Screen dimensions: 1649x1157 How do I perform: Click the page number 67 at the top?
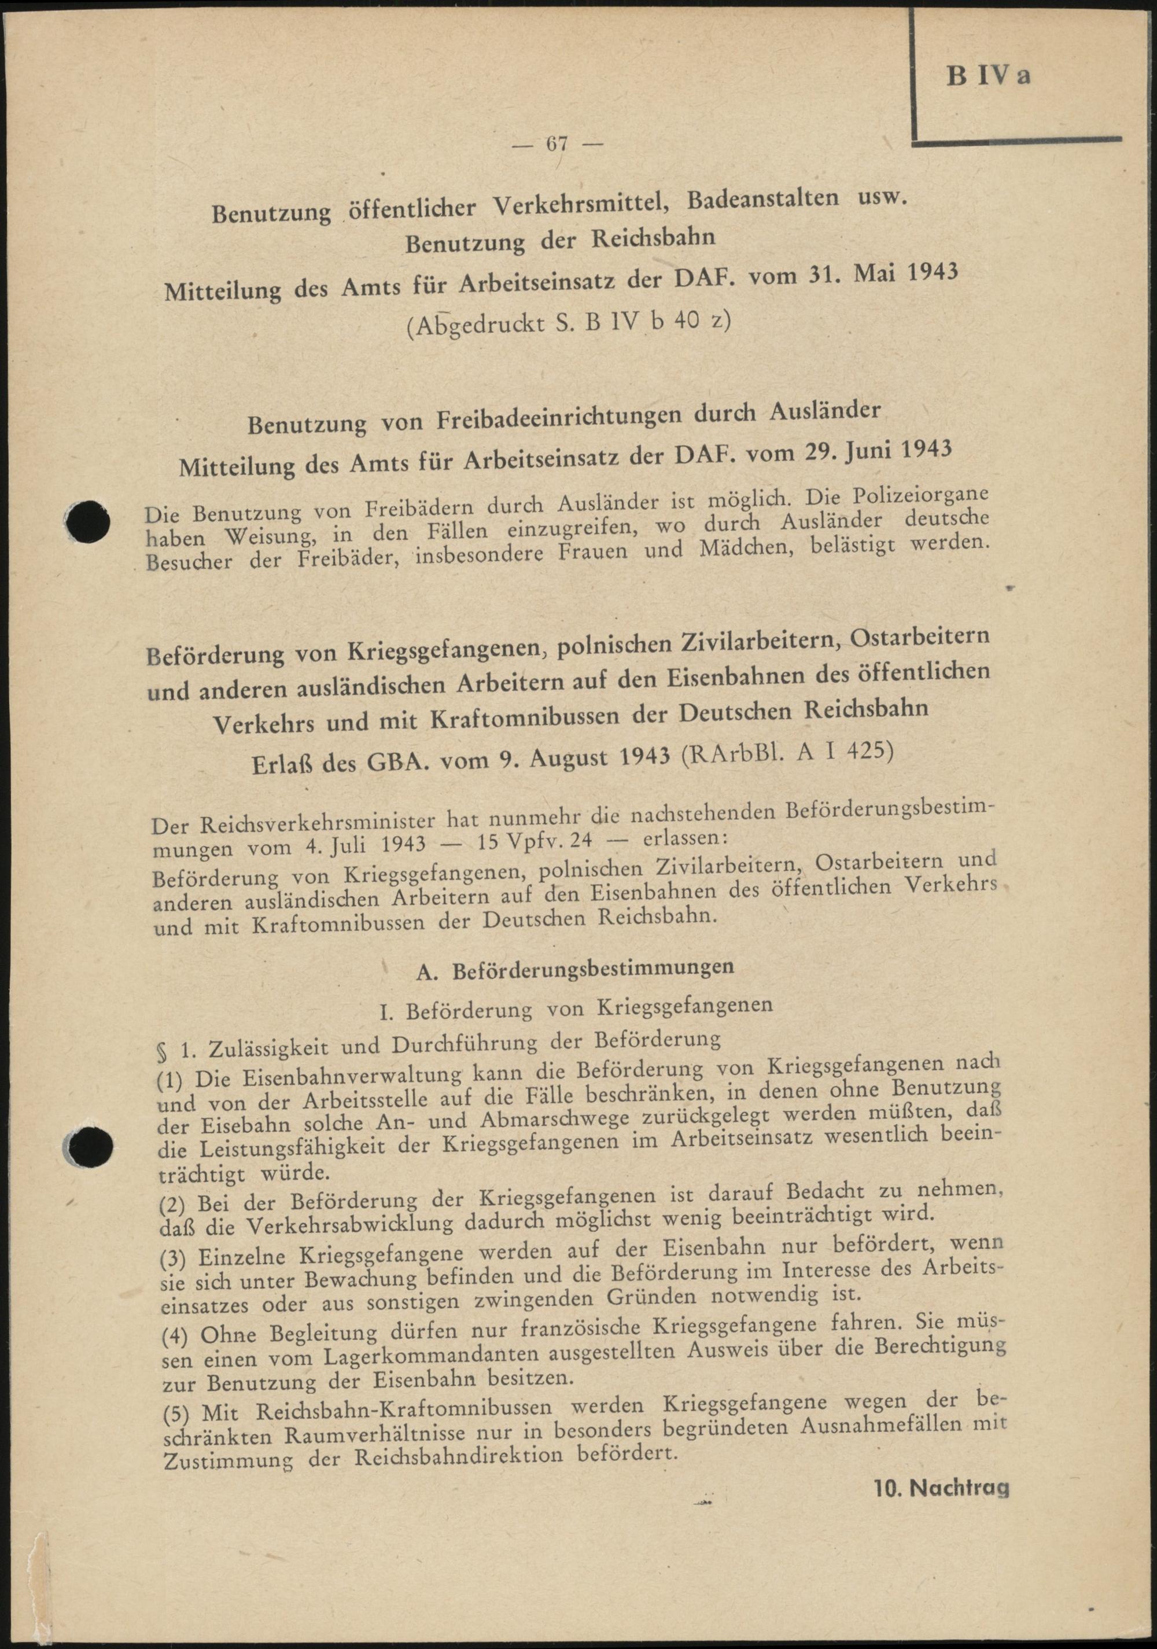click(x=557, y=143)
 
